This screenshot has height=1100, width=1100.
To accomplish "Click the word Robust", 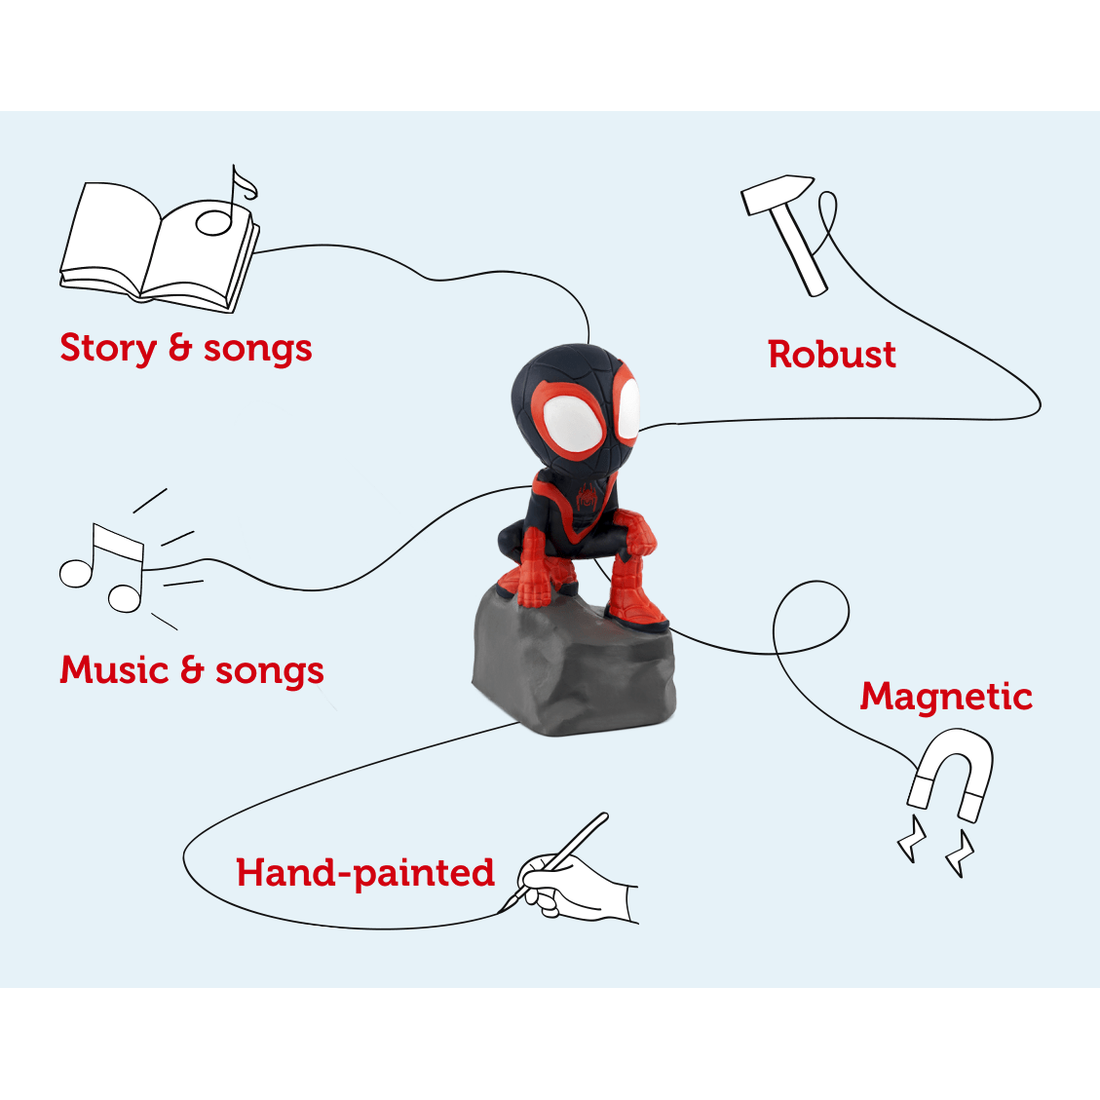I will click(831, 355).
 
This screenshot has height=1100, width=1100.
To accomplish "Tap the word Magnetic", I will click(946, 697).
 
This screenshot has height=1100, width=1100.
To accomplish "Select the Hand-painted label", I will click(365, 873).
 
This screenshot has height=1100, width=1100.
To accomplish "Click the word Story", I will click(108, 349).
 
